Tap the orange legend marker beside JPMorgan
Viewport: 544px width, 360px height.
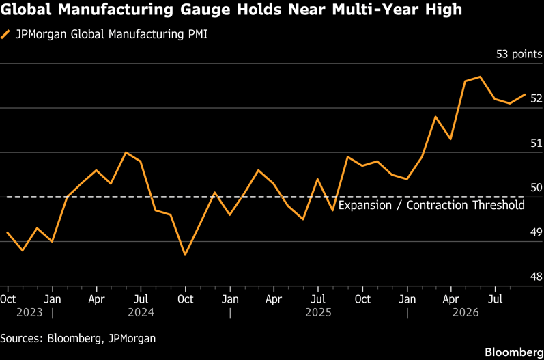[x=5, y=35]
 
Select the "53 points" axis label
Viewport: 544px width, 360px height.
[x=519, y=54]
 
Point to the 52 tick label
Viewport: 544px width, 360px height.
[x=536, y=98]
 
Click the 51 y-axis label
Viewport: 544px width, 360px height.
[x=536, y=143]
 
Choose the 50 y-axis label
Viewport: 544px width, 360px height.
[x=536, y=187]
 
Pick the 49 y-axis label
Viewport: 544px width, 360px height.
[x=536, y=232]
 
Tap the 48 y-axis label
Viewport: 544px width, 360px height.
[x=536, y=277]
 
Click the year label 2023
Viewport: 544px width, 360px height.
[x=29, y=312]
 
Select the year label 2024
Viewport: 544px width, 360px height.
[x=141, y=312]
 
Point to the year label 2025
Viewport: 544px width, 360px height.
[x=318, y=312]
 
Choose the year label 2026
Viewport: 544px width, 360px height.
[x=466, y=312]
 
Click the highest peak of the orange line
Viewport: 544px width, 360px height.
[x=480, y=77]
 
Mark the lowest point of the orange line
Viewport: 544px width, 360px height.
[x=185, y=255]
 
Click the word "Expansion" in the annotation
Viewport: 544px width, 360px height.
[x=365, y=205]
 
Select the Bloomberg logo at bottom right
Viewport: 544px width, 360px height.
[x=514, y=352]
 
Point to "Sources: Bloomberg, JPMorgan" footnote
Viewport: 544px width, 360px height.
[x=78, y=338]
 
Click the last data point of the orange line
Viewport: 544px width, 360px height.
[x=525, y=94]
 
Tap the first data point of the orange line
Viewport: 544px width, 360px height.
[x=8, y=232]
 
